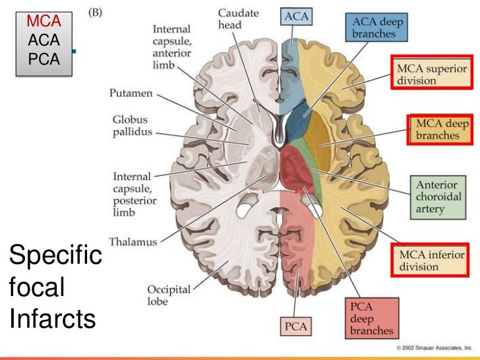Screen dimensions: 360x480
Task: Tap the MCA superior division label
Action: pyautogui.click(x=430, y=75)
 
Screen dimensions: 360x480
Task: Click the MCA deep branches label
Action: pyautogui.click(x=439, y=129)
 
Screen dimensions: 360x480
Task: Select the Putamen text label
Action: pyautogui.click(x=131, y=94)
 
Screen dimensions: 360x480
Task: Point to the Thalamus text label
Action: pyautogui.click(x=134, y=242)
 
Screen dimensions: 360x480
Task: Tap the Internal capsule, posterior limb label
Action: pyautogui.click(x=132, y=195)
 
